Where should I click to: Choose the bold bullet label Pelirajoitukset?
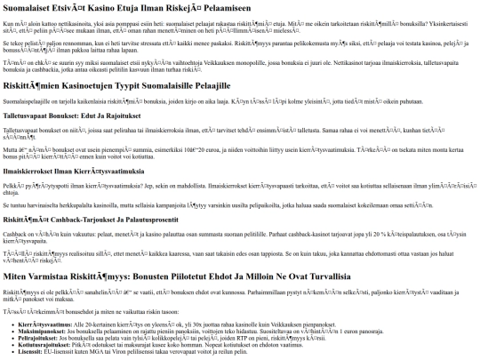pos(37,339)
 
